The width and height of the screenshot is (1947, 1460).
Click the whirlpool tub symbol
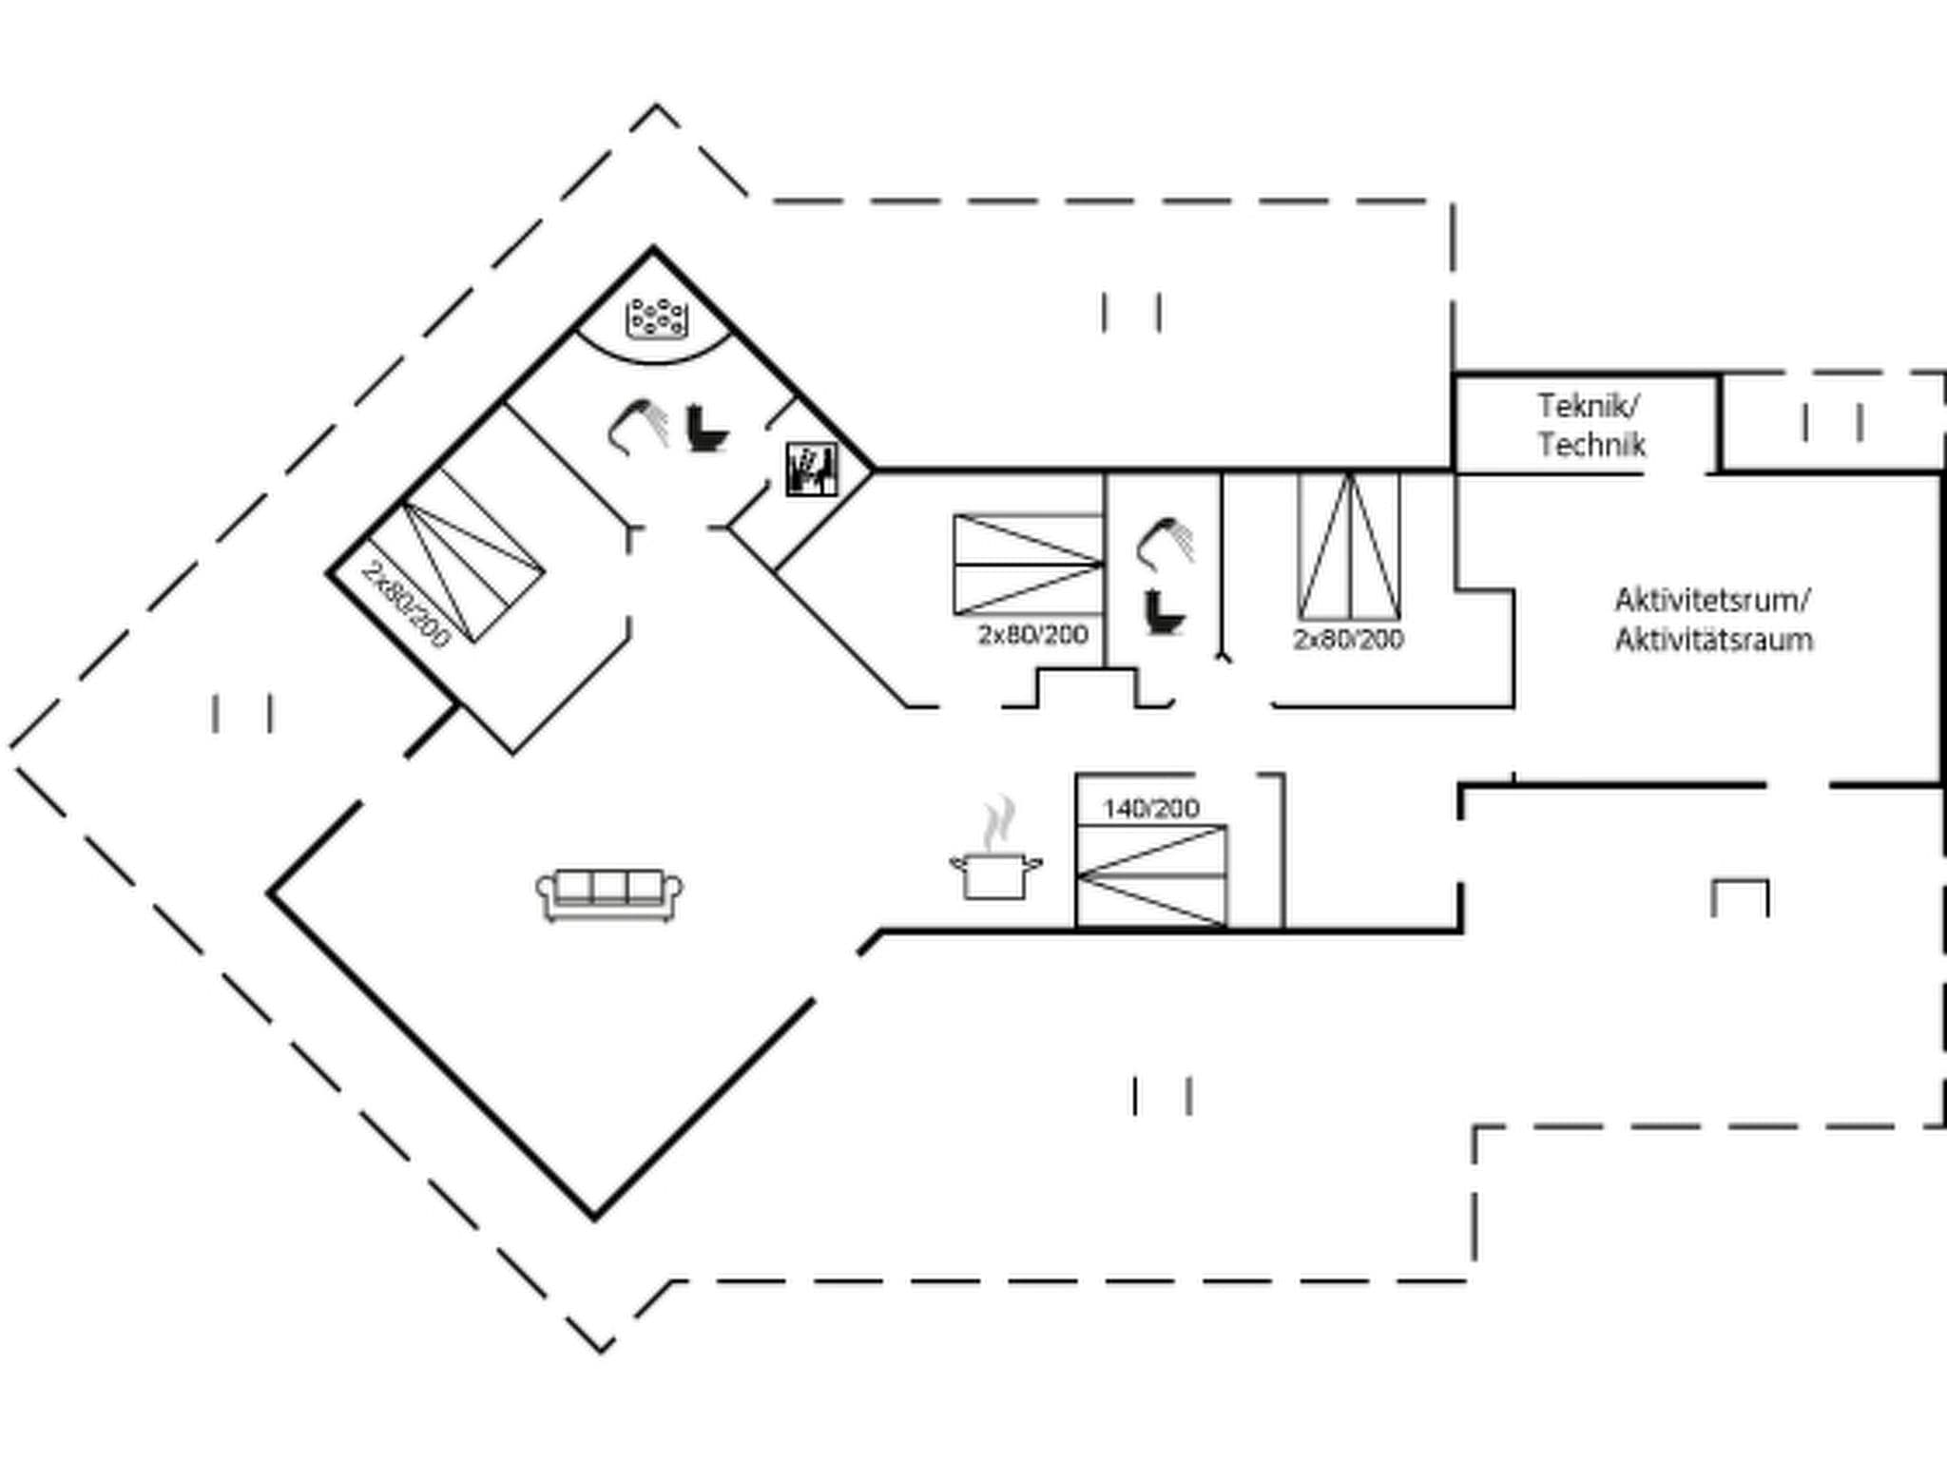pyautogui.click(x=656, y=319)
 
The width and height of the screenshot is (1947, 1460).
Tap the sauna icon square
pyautogui.click(x=812, y=470)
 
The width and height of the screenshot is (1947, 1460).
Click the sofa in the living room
pyautogui.click(x=609, y=893)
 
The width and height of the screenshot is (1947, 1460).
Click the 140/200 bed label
pyautogui.click(x=1150, y=809)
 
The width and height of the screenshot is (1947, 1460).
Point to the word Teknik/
pyautogui.click(x=1589, y=407)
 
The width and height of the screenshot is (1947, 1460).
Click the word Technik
pyautogui.click(x=1591, y=445)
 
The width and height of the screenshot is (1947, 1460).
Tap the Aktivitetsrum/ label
pyautogui.click(x=1712, y=601)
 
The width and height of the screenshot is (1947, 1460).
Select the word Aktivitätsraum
pyautogui.click(x=1713, y=640)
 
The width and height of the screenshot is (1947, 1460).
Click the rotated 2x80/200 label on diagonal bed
pyautogui.click(x=405, y=605)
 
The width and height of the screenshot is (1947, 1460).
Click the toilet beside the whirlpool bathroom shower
pyautogui.click(x=706, y=429)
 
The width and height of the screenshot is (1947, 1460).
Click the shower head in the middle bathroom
pyautogui.click(x=1165, y=542)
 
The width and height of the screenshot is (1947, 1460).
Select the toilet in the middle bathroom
pyautogui.click(x=1164, y=612)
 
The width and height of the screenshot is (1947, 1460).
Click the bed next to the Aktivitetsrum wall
pyautogui.click(x=1348, y=547)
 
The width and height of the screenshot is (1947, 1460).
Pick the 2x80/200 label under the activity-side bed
pyautogui.click(x=1348, y=640)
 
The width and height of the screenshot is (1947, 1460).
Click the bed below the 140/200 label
pyautogui.click(x=1151, y=875)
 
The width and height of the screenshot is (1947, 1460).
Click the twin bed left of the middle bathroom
pyautogui.click(x=1028, y=565)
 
